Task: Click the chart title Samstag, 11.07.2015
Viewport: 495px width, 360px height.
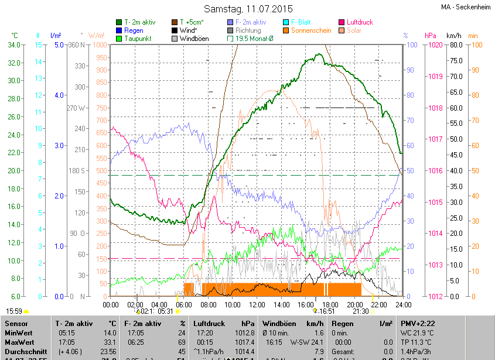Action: point(248,9)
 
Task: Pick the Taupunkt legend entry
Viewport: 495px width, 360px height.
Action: point(139,39)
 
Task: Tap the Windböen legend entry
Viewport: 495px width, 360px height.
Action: point(194,39)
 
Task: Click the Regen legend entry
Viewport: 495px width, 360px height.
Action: point(134,30)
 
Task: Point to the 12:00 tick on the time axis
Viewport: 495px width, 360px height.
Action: point(257,304)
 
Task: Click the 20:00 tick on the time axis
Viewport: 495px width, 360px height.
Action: point(354,304)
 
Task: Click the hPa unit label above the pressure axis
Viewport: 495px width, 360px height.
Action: point(430,36)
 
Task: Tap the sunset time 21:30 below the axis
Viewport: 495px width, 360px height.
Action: point(360,311)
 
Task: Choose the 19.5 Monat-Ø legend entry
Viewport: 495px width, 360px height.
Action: point(253,39)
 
